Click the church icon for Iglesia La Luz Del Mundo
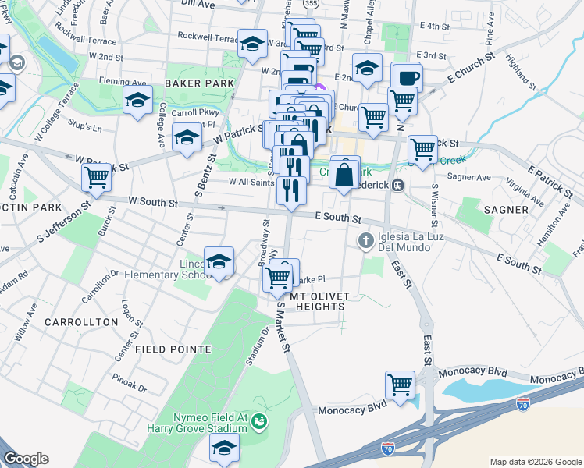point(364,239)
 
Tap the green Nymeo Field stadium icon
point(259,421)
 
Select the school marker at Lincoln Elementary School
point(219,261)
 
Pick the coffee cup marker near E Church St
point(406,77)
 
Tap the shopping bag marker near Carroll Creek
point(344,173)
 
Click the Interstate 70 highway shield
point(388,448)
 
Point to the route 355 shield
point(312,4)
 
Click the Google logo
point(26,459)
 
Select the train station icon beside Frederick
point(397,186)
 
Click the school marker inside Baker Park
point(137,101)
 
